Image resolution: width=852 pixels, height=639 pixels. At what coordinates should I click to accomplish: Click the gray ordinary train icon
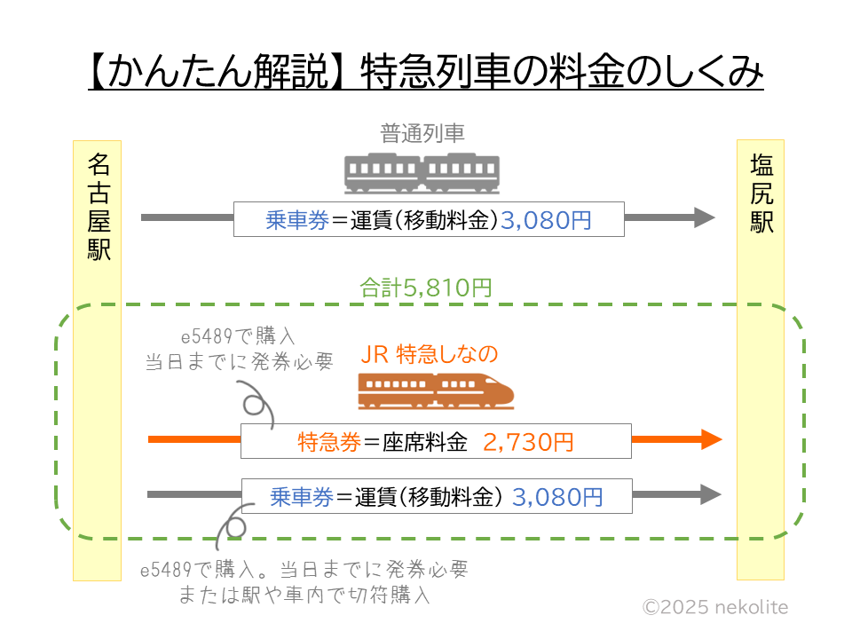(x=422, y=173)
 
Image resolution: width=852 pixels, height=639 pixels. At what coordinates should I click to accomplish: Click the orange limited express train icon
(x=436, y=390)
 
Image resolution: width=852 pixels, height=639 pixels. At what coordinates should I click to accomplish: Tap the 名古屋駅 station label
(x=99, y=206)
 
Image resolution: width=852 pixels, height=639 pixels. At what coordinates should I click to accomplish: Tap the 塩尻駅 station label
(x=761, y=193)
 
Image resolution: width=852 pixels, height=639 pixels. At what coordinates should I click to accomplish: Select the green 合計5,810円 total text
(x=425, y=288)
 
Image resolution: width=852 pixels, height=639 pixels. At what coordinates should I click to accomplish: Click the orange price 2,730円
(x=529, y=441)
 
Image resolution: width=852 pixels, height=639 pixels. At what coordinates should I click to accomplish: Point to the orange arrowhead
(x=712, y=439)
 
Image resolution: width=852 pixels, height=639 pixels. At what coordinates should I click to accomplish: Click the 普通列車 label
(x=422, y=134)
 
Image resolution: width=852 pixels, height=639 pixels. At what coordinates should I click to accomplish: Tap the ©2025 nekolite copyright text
(x=714, y=607)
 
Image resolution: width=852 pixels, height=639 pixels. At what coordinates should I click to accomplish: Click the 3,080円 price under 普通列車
(x=546, y=220)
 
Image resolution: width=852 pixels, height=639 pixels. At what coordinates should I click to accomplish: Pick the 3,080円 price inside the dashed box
(x=557, y=497)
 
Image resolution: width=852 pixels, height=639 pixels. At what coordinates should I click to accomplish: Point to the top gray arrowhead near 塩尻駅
(x=705, y=217)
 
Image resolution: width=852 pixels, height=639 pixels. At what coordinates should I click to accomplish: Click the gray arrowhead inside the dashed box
(x=711, y=495)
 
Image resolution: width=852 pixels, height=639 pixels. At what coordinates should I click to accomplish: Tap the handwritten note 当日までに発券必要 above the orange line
(x=239, y=362)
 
